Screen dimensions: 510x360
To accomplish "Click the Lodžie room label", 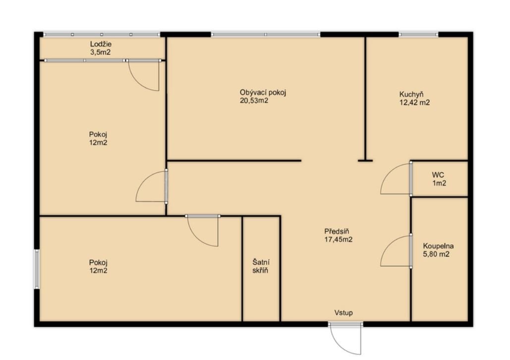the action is pyautogui.click(x=101, y=44).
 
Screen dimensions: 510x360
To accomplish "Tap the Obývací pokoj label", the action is pyautogui.click(x=263, y=92).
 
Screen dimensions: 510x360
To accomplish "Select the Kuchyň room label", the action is pyautogui.click(x=411, y=94).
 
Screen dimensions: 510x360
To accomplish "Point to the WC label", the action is pyautogui.click(x=439, y=175).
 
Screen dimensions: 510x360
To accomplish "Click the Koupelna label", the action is pyautogui.click(x=438, y=246).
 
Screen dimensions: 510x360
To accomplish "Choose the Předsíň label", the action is pyautogui.click(x=337, y=232).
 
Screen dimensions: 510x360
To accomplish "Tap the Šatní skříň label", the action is pyautogui.click(x=261, y=266).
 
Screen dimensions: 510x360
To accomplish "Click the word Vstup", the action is pyautogui.click(x=343, y=313).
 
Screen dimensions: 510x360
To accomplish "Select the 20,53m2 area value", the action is pyautogui.click(x=254, y=101).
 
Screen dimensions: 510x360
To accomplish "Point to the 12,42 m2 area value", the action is pyautogui.click(x=414, y=103).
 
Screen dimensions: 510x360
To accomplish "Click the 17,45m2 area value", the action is pyautogui.click(x=338, y=240).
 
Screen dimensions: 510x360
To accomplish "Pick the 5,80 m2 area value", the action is pyautogui.click(x=436, y=254).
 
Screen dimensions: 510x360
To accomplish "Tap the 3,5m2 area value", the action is pyautogui.click(x=101, y=52).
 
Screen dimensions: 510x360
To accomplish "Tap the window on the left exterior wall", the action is pyautogui.click(x=37, y=269).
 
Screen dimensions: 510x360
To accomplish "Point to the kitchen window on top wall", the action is pyautogui.click(x=418, y=34).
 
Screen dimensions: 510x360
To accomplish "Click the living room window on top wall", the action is pyautogui.click(x=266, y=34).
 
